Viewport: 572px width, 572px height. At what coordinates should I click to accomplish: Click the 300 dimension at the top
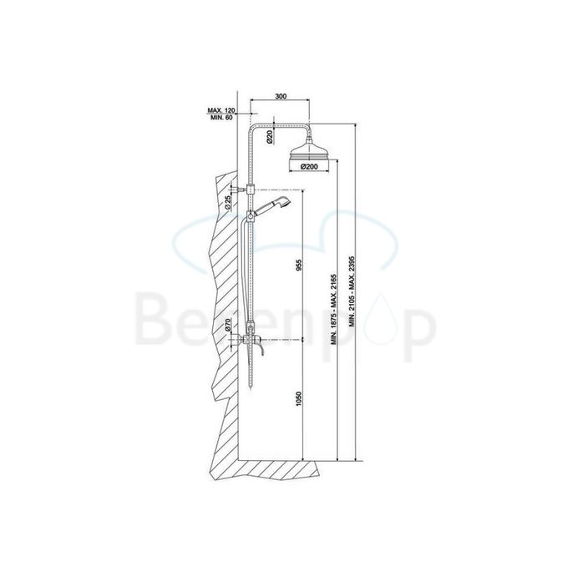281,97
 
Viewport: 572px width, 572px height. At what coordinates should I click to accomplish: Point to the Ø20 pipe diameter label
270,138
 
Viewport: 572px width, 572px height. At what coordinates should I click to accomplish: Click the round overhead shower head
308,153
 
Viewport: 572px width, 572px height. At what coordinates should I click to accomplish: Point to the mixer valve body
251,341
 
